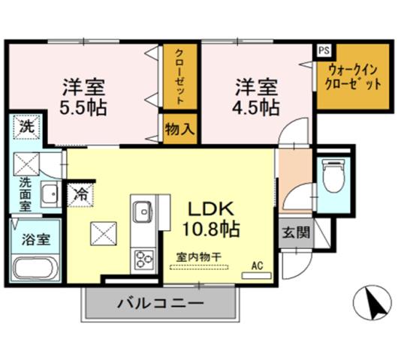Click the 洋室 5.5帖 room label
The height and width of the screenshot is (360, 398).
click(x=83, y=95)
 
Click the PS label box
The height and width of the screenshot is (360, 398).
click(x=323, y=50)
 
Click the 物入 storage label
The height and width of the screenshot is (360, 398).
click(x=180, y=128)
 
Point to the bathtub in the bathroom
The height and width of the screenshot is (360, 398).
click(x=35, y=269)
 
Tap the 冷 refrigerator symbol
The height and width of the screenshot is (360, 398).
click(x=80, y=193)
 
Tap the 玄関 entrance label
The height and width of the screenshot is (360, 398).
click(x=296, y=232)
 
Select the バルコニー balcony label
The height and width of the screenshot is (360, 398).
click(x=159, y=304)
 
